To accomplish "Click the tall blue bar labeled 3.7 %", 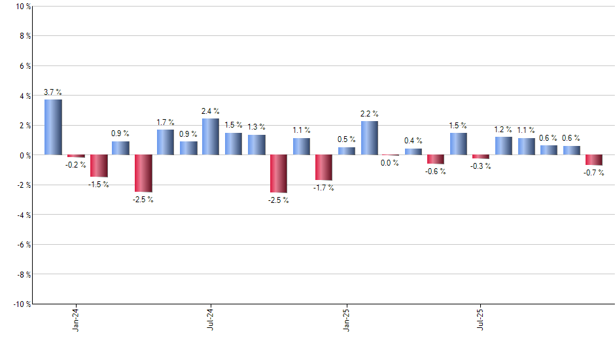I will pos(53,127).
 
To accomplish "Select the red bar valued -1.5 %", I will pos(98,166).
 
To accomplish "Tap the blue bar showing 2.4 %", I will pos(211,137).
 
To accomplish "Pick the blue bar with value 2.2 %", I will pos(369,138).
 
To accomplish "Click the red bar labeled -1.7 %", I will pos(324,168).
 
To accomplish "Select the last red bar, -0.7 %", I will pos(594,160).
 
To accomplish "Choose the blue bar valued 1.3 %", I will pos(256,145).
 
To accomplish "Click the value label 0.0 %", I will pos(390,163).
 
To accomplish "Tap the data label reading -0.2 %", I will pos(76,164).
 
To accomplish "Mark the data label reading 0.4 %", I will pos(413,141).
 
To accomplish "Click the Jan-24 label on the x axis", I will pos(76,319).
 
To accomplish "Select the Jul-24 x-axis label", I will pos(211,319).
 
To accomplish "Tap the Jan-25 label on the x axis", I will pos(346,319).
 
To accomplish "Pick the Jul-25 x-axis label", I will pos(482,319).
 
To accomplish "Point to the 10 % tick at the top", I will pos(22,7).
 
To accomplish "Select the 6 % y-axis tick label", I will pos(24,66).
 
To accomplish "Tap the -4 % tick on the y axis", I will pos(22,215).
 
